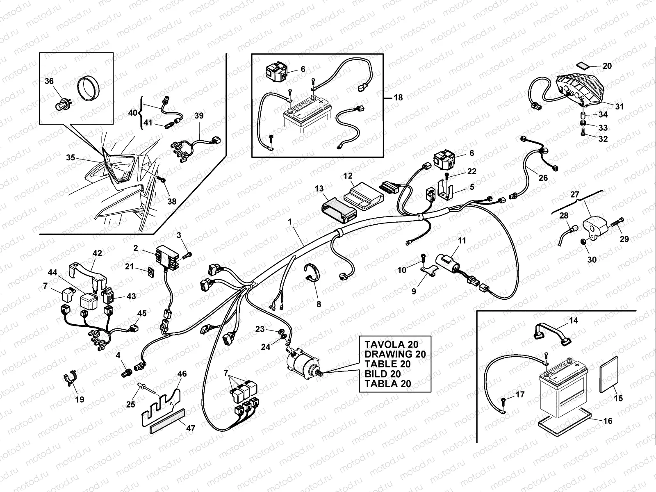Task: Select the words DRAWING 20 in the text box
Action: pos(395,354)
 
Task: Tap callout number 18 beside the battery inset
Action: pos(397,98)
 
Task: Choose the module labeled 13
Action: pos(340,210)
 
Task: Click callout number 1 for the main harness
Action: pos(290,222)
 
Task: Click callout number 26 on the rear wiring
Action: pos(543,178)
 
